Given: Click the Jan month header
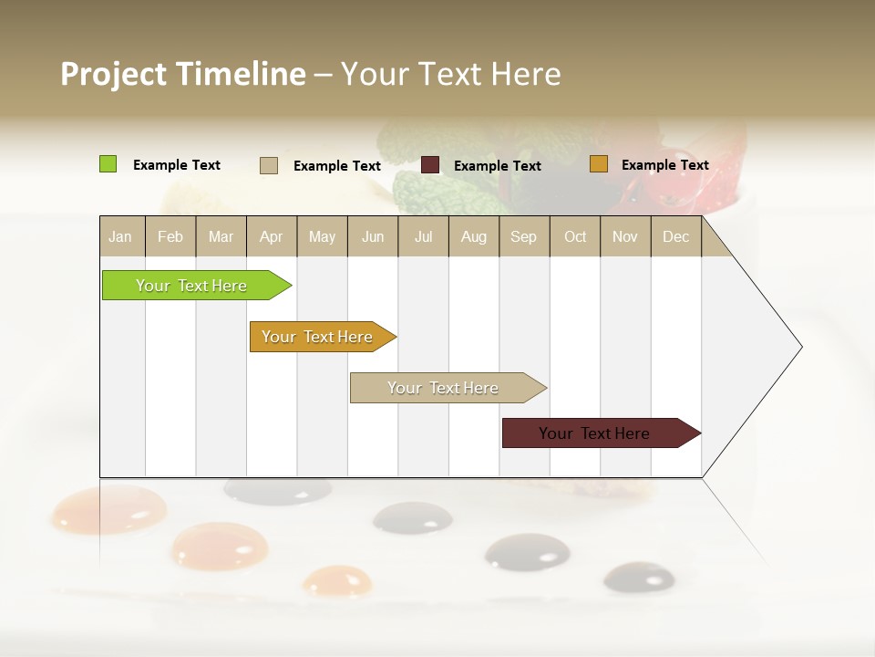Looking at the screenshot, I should pyautogui.click(x=120, y=237).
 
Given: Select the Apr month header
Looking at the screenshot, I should pyautogui.click(x=271, y=237).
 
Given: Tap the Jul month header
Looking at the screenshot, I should pyautogui.click(x=423, y=237).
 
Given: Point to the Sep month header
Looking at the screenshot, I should pyautogui.click(x=523, y=237).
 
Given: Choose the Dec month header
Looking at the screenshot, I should pyautogui.click(x=675, y=237).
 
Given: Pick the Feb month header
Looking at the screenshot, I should pyautogui.click(x=170, y=237).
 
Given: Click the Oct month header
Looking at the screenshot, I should pyautogui.click(x=575, y=237).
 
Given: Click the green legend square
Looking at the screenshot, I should pyautogui.click(x=108, y=164).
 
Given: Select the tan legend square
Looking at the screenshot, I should pyautogui.click(x=269, y=165).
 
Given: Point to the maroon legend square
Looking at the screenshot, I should pyautogui.click(x=430, y=165).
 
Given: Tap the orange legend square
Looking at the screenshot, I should pyautogui.click(x=599, y=164).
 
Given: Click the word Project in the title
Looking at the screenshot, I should pyautogui.click(x=112, y=74).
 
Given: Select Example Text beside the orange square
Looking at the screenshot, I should pyautogui.click(x=664, y=165).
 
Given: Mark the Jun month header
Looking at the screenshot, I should pyautogui.click(x=373, y=237).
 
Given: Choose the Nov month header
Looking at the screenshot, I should pyautogui.click(x=625, y=237).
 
